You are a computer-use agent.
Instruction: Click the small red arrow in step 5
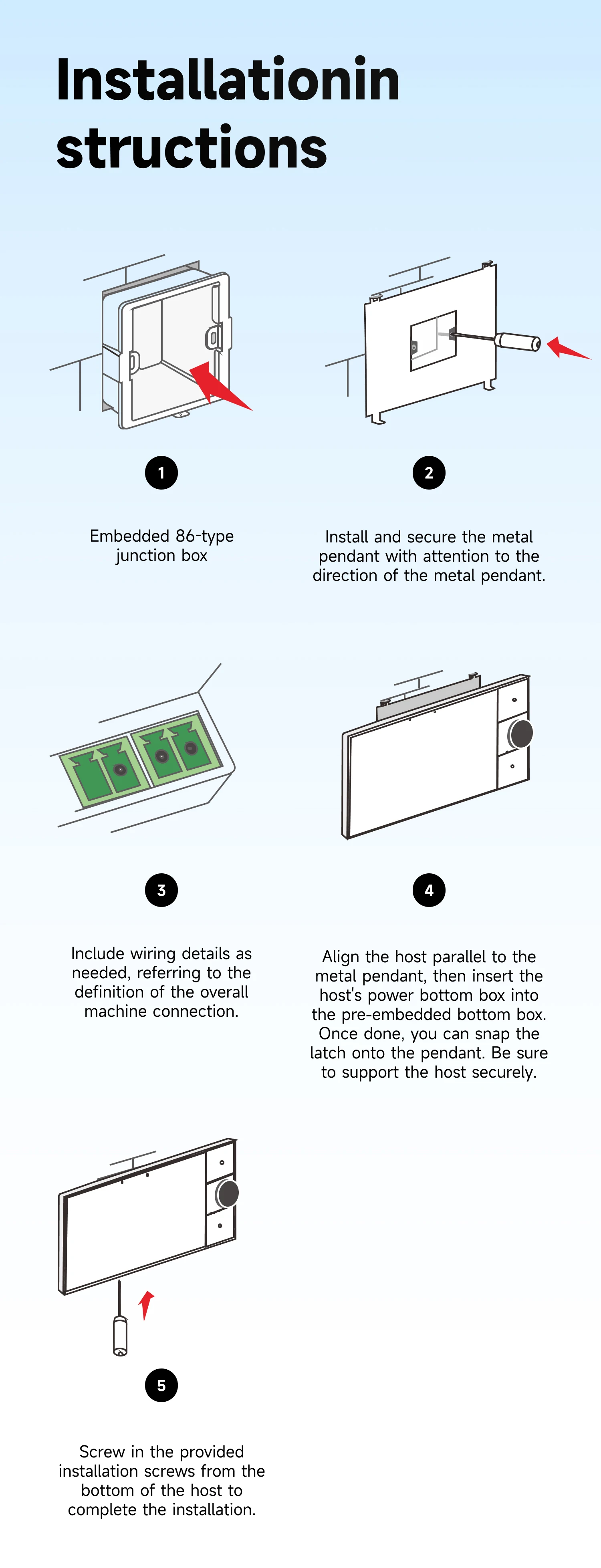coord(146,1305)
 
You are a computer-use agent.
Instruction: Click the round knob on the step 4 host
coord(520,734)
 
